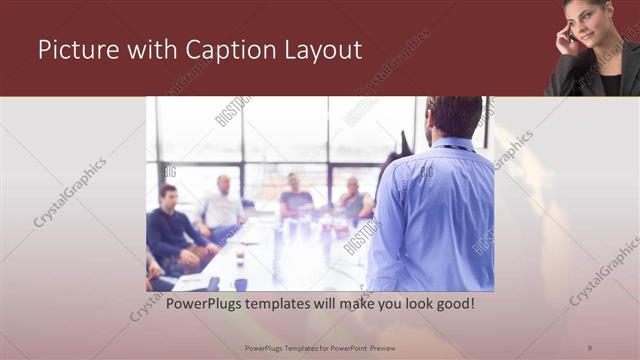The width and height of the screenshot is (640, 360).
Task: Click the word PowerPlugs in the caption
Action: pos(206,302)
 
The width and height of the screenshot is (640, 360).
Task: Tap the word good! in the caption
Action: pos(453,302)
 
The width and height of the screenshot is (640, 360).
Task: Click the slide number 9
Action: pos(590,346)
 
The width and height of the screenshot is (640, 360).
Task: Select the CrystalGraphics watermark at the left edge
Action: pos(70,191)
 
